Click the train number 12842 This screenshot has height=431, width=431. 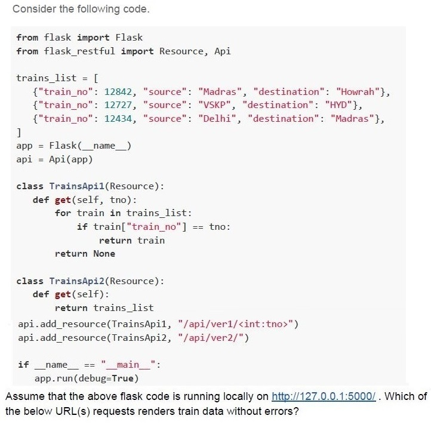point(118,91)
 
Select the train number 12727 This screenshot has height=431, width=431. point(118,105)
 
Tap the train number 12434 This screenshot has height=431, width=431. point(118,119)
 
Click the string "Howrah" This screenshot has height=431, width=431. point(358,91)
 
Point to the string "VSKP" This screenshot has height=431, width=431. point(214,105)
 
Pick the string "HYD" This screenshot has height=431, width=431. point(338,105)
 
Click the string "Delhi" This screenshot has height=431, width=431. point(217,119)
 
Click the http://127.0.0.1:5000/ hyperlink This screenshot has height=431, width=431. point(324,396)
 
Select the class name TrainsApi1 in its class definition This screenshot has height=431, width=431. point(76,186)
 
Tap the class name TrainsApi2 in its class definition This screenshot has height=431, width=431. point(76,281)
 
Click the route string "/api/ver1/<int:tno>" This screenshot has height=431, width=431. point(235,324)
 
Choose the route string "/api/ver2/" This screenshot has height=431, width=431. point(211,338)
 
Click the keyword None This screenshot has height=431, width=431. point(104,254)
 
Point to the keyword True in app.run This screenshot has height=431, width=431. point(122,378)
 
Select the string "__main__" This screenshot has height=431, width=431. point(128,365)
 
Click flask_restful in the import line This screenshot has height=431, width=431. point(79,51)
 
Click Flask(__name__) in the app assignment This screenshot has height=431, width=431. point(90,146)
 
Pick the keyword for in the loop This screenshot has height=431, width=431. point(63,213)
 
